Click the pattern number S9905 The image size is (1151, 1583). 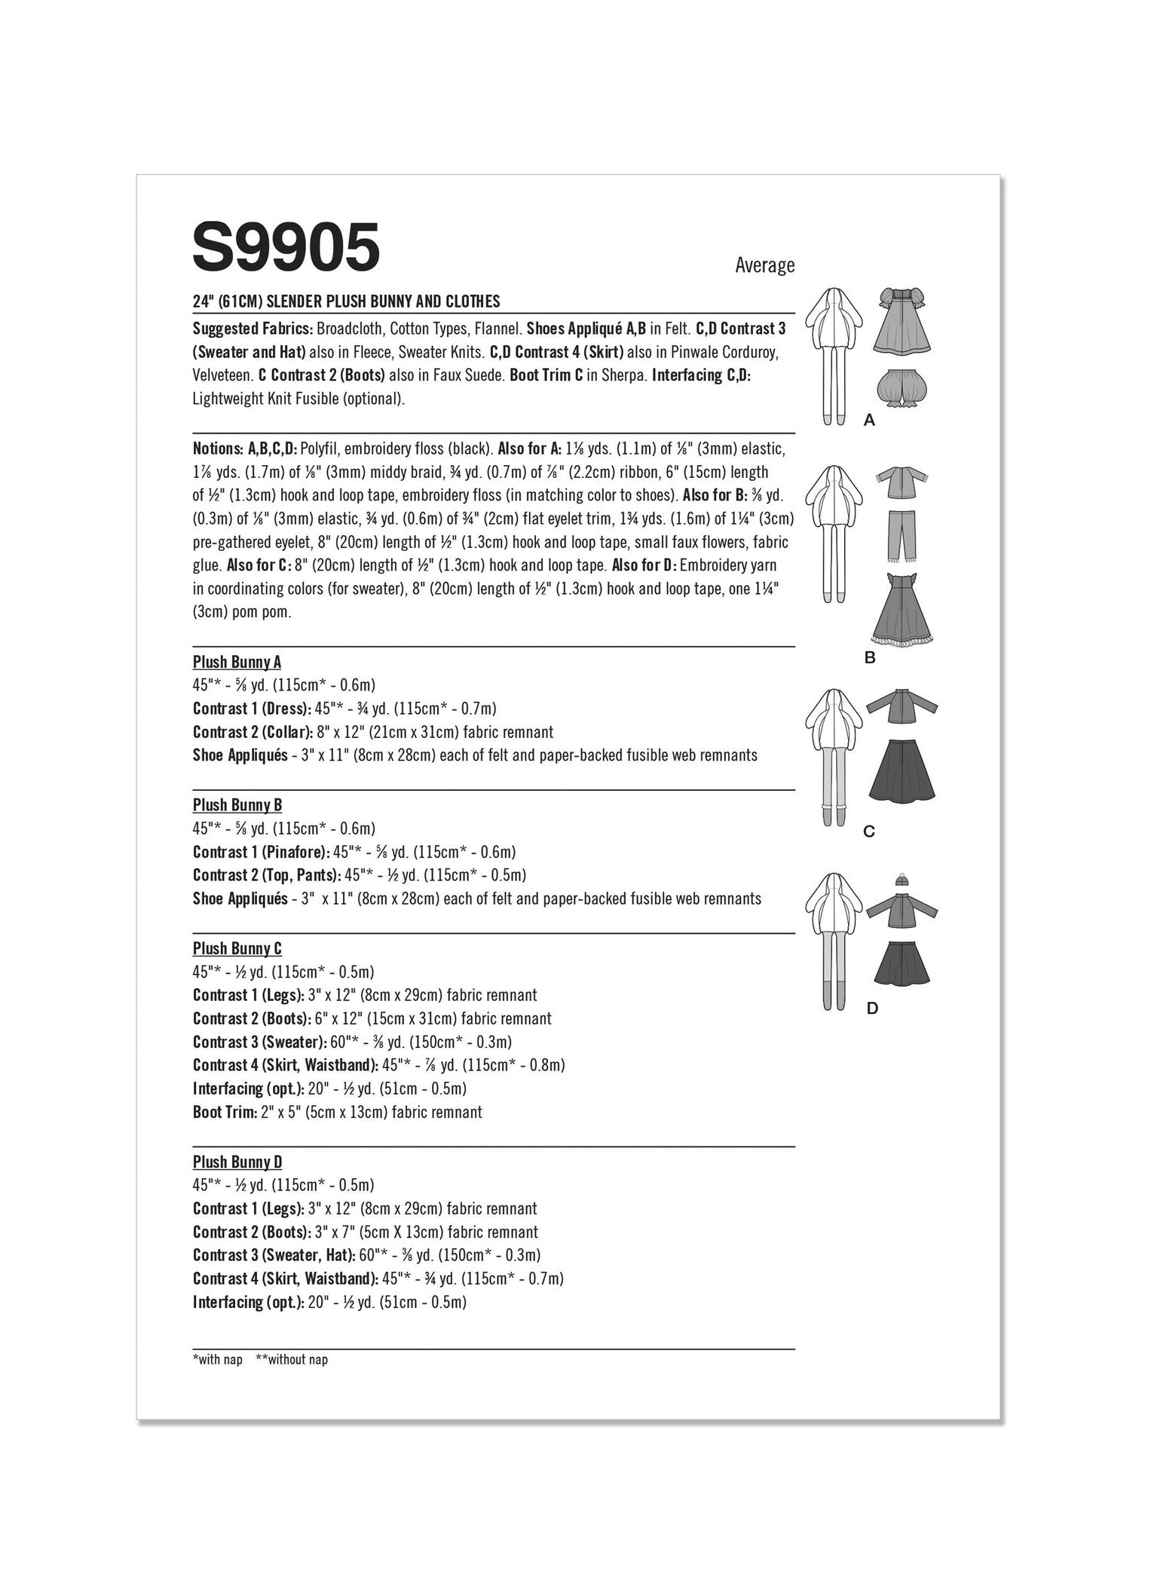coord(286,247)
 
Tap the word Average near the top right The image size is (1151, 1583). coord(764,265)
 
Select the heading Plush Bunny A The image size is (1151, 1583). coord(237,662)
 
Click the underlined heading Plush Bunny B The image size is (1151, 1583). coord(237,805)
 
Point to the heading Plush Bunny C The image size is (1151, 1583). coord(237,948)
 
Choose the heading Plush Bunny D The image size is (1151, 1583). coord(237,1162)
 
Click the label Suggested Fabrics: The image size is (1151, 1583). coord(253,329)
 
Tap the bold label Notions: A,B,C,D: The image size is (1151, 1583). coord(245,449)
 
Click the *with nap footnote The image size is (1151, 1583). coord(217,1360)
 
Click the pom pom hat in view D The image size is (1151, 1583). coord(901,879)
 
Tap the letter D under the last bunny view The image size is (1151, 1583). coord(871,1009)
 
